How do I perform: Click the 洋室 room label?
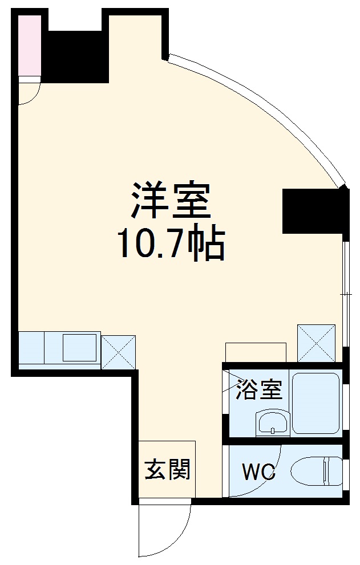(x=171, y=200)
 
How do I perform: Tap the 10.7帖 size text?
(x=171, y=244)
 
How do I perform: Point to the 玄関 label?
(x=167, y=470)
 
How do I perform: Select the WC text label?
(x=258, y=472)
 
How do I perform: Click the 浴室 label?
(x=260, y=391)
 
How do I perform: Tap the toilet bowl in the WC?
(x=317, y=472)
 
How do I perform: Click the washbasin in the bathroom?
(x=272, y=424)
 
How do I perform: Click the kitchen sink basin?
(x=79, y=347)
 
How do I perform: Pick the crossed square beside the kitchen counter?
(x=119, y=351)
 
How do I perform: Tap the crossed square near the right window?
(x=316, y=342)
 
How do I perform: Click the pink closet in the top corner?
(x=29, y=45)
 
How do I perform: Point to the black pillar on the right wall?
(x=315, y=211)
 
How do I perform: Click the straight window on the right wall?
(x=346, y=294)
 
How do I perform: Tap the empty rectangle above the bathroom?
(x=255, y=352)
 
